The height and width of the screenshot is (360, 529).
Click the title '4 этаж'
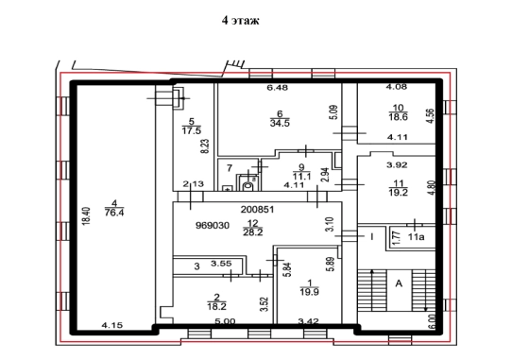pyautogui.click(x=241, y=20)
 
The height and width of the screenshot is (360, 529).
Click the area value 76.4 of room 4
pyautogui.click(x=114, y=213)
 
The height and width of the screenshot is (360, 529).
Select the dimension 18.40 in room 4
pyautogui.click(x=86, y=216)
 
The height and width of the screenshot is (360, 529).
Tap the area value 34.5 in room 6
pyautogui.click(x=280, y=123)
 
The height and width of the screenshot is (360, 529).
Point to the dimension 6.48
pyautogui.click(x=278, y=88)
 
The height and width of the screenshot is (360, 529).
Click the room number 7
pyautogui.click(x=230, y=167)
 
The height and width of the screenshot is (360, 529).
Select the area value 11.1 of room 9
pyautogui.click(x=301, y=176)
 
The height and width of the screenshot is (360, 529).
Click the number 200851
pyautogui.click(x=257, y=210)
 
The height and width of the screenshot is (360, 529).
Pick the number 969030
pyautogui.click(x=213, y=226)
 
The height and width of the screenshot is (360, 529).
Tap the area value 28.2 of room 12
pyautogui.click(x=253, y=232)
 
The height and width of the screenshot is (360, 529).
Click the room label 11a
pyautogui.click(x=416, y=237)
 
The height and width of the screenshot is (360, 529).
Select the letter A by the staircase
pyautogui.click(x=399, y=283)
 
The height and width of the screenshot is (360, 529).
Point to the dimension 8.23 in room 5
pyautogui.click(x=205, y=146)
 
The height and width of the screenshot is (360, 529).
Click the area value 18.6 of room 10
pyautogui.click(x=398, y=117)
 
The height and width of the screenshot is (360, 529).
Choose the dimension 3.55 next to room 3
pyautogui.click(x=221, y=264)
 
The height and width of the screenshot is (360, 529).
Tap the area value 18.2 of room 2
pyautogui.click(x=217, y=306)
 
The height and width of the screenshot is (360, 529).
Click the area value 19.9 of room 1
pyautogui.click(x=310, y=292)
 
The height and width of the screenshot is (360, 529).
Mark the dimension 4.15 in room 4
pyautogui.click(x=112, y=326)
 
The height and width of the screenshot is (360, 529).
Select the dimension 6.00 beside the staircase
pyautogui.click(x=432, y=321)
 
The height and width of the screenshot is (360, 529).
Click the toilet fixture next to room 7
pyautogui.click(x=248, y=184)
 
